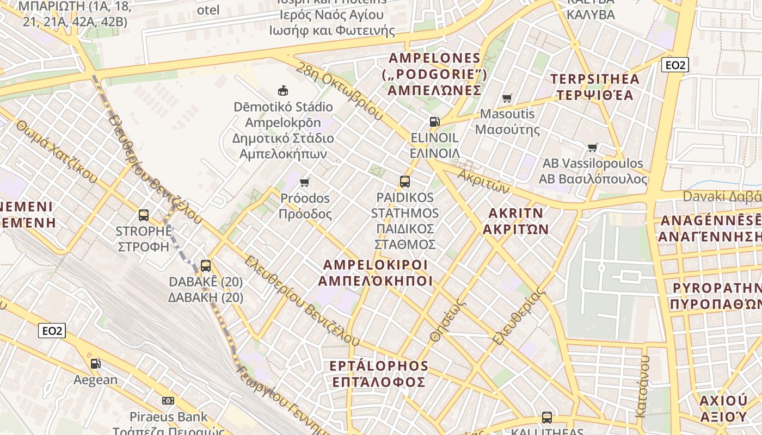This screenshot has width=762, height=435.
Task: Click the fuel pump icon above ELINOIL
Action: (434, 121)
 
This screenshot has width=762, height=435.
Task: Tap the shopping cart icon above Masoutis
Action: (507, 98)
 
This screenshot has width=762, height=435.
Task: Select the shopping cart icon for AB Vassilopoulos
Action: (593, 147)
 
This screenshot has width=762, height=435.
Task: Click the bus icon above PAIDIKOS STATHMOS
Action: (405, 182)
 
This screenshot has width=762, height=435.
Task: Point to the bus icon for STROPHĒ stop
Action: (144, 215)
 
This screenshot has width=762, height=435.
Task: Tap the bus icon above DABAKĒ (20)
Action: (206, 266)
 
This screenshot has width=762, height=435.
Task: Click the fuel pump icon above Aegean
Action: (95, 363)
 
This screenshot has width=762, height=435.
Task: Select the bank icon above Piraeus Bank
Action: (168, 401)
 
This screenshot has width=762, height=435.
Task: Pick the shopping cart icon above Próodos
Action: (305, 182)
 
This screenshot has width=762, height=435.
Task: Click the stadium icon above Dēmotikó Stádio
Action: (282, 90)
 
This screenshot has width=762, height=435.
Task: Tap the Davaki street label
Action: (722, 196)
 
